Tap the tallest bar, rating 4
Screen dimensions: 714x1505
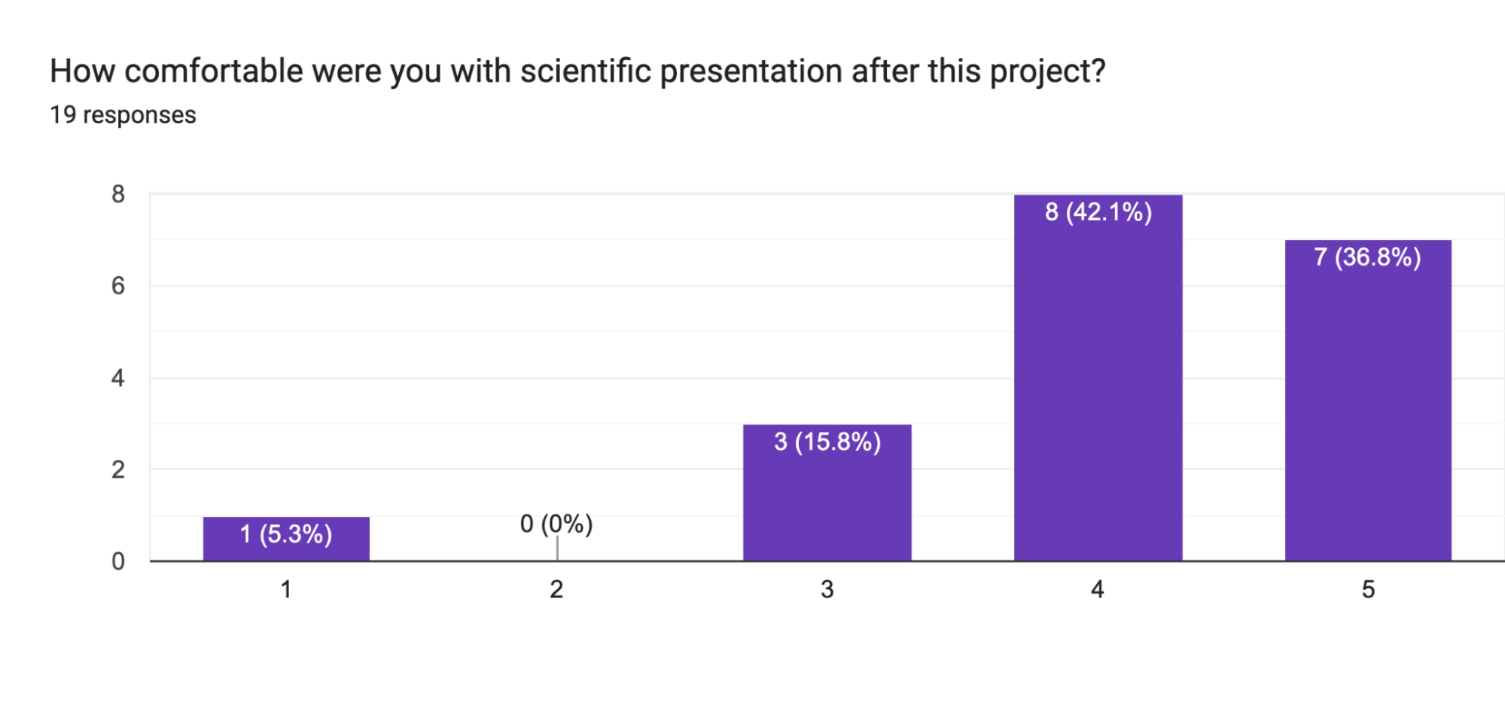(x=1098, y=391)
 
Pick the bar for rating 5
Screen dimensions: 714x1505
(x=1368, y=414)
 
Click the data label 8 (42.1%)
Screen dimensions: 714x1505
(x=1098, y=212)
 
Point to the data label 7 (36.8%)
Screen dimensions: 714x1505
(x=1367, y=257)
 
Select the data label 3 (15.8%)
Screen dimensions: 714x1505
(x=827, y=442)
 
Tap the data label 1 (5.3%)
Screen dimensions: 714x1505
(x=286, y=534)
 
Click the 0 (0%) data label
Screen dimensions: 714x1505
(x=556, y=524)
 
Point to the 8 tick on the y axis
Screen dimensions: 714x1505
(x=118, y=194)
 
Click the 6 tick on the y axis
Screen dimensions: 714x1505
(x=118, y=286)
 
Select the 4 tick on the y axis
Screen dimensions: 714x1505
(x=118, y=378)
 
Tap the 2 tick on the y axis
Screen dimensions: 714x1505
(x=118, y=469)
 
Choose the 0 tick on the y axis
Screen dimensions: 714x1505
(x=118, y=561)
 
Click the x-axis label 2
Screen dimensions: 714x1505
(x=556, y=589)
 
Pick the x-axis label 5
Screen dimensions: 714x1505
(x=1368, y=589)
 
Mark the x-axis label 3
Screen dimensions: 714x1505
(x=827, y=589)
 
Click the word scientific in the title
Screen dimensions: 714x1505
(x=585, y=71)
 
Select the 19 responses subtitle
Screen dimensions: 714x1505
(x=123, y=115)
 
